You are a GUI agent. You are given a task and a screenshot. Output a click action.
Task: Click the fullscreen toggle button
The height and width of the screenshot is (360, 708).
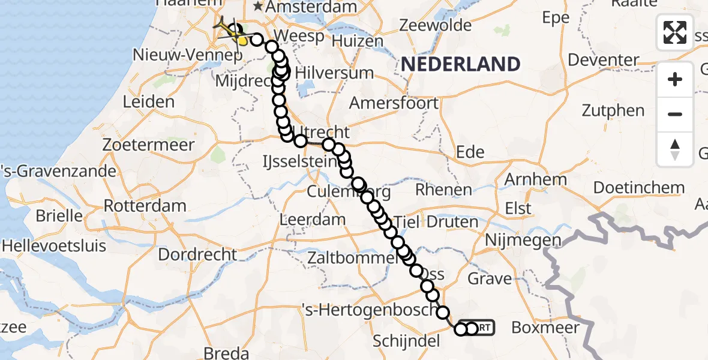click(x=675, y=32)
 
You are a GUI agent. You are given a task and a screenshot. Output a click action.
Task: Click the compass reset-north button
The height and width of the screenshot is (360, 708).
click(x=675, y=149)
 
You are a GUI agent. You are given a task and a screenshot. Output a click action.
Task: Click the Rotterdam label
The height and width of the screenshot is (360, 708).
click(x=145, y=206)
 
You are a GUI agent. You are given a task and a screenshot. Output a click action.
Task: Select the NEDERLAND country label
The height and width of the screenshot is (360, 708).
click(x=460, y=64)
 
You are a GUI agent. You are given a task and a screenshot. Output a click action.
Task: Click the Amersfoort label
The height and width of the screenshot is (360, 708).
click(x=394, y=103)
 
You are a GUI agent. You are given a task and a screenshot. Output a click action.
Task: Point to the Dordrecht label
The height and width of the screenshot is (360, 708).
click(x=197, y=254)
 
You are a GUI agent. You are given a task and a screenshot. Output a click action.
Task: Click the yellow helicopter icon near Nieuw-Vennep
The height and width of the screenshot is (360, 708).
click(x=227, y=29)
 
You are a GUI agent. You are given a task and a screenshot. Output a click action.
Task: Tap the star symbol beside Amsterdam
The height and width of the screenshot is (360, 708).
click(x=258, y=7)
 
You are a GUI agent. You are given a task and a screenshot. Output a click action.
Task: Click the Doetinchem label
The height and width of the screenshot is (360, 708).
click(x=638, y=187)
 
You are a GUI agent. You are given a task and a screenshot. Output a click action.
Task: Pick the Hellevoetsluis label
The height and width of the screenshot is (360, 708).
click(x=53, y=246)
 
